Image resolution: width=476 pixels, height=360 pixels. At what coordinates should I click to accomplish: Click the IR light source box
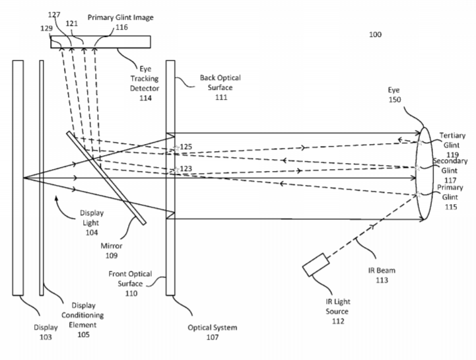[316, 265]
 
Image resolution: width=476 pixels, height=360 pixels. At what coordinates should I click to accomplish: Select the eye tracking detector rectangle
[100, 42]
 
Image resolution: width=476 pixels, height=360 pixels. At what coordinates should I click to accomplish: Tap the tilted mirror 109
[106, 178]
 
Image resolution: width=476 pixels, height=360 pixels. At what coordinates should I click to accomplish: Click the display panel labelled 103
[18, 178]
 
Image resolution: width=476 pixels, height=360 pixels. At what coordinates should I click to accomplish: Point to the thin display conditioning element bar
[42, 178]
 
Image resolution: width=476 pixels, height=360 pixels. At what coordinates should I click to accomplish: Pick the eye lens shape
[424, 174]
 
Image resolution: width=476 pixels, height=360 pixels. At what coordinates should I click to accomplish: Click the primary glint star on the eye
[419, 194]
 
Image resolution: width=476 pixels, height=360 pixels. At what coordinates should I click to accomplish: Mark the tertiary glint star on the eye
[419, 143]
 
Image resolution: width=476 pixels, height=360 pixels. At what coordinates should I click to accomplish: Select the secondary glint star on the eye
[417, 168]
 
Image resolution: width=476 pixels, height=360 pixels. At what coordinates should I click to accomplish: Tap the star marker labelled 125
[176, 148]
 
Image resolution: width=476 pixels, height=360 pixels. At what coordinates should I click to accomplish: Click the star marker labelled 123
[176, 170]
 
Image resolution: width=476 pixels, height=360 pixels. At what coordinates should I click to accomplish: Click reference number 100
[375, 34]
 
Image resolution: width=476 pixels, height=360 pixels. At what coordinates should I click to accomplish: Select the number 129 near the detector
[46, 28]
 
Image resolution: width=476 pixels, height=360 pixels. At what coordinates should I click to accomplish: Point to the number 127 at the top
[54, 15]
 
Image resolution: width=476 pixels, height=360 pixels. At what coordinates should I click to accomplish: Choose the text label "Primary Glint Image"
[121, 17]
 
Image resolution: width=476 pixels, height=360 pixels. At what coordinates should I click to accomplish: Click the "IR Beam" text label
[382, 270]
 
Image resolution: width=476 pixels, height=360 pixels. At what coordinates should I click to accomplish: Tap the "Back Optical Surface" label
[220, 83]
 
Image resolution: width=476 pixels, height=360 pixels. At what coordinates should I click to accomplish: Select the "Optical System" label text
[212, 327]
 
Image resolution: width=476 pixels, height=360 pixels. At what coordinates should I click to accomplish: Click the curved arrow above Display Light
[64, 209]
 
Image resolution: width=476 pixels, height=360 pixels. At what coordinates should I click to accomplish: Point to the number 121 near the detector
[72, 23]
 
